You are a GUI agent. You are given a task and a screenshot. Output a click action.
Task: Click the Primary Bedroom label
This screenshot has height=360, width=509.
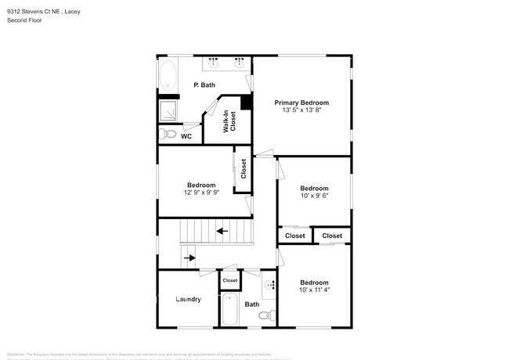point(301,103)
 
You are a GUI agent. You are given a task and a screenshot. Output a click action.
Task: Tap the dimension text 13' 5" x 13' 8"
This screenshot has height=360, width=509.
point(301,111)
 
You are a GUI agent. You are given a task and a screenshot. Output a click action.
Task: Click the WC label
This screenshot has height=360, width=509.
point(186,136)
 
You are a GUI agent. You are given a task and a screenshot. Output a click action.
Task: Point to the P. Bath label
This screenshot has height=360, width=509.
point(204,85)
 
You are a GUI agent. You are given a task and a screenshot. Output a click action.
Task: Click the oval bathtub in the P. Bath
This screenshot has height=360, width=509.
point(168,77)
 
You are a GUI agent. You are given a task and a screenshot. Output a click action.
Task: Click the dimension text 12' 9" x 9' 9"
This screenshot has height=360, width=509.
point(201,193)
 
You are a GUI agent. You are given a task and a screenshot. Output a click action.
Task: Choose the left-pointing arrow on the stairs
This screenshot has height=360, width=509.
point(222,231)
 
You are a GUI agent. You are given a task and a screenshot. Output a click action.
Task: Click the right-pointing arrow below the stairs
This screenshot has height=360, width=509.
point(189,256)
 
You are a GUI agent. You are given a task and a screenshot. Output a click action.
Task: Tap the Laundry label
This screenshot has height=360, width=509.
point(188,299)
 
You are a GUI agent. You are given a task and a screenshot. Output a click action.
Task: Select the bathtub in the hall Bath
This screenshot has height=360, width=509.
point(230,310)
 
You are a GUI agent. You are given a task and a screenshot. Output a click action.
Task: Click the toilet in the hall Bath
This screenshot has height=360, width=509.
point(266,315)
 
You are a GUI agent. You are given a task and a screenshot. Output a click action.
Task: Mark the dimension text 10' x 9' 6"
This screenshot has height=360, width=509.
point(314,196)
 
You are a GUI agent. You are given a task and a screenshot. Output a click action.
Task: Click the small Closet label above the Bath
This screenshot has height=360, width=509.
point(230,280)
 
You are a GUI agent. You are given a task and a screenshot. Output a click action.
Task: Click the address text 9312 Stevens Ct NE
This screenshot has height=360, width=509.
point(33,12)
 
